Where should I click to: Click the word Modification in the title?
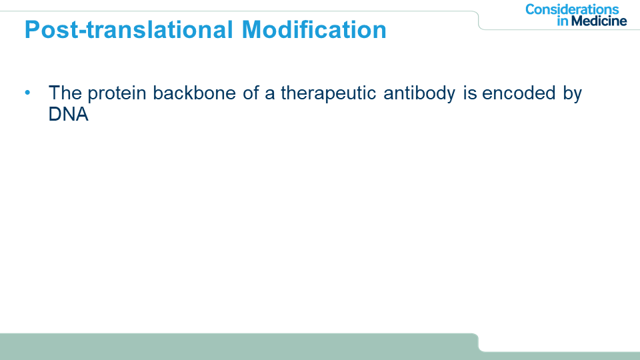tap(314, 29)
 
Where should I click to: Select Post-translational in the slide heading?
tap(129, 29)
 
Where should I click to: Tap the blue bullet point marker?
tap(27, 93)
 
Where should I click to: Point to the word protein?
tap(117, 94)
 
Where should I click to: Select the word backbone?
tap(194, 93)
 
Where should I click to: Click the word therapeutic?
tap(328, 94)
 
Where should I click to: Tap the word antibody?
tap(419, 94)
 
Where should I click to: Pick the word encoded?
tap(519, 93)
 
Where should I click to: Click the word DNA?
tap(68, 114)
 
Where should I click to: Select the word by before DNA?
tap(572, 94)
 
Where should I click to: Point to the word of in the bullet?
tap(251, 93)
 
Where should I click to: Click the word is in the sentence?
tap(470, 93)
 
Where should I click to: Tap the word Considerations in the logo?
tap(572, 9)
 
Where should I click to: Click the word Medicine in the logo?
tap(599, 21)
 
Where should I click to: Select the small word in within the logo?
tap(563, 21)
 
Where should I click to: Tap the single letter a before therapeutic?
tap(269, 95)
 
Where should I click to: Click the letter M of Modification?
tap(253, 29)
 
